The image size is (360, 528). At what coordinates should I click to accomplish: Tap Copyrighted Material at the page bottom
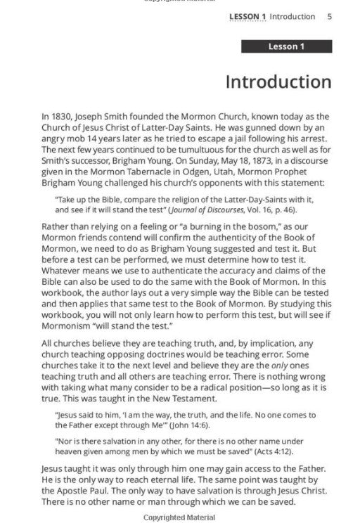pos(180,519)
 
